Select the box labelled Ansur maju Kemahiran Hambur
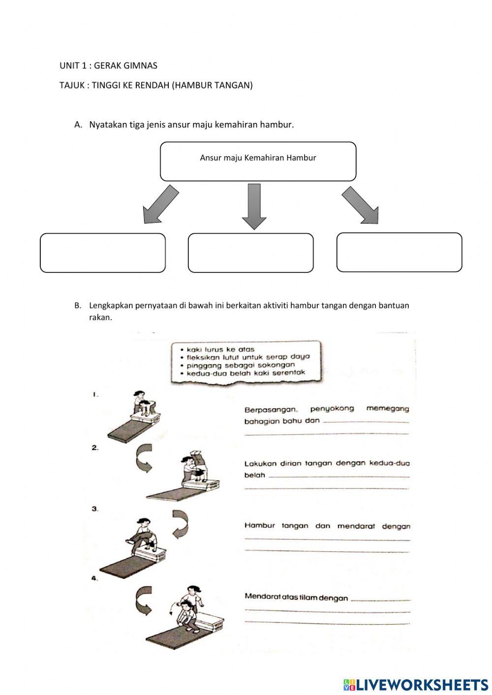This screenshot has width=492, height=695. click(258, 161)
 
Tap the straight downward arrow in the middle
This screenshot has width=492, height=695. click(254, 206)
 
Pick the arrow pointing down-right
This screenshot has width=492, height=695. click(361, 205)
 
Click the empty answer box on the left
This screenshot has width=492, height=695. click(102, 253)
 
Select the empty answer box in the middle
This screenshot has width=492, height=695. click(250, 253)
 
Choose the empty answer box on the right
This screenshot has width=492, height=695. click(399, 252)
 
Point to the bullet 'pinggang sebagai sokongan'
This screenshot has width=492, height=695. click(241, 365)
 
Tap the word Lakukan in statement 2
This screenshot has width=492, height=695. click(260, 463)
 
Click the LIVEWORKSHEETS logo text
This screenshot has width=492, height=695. click(422, 684)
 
